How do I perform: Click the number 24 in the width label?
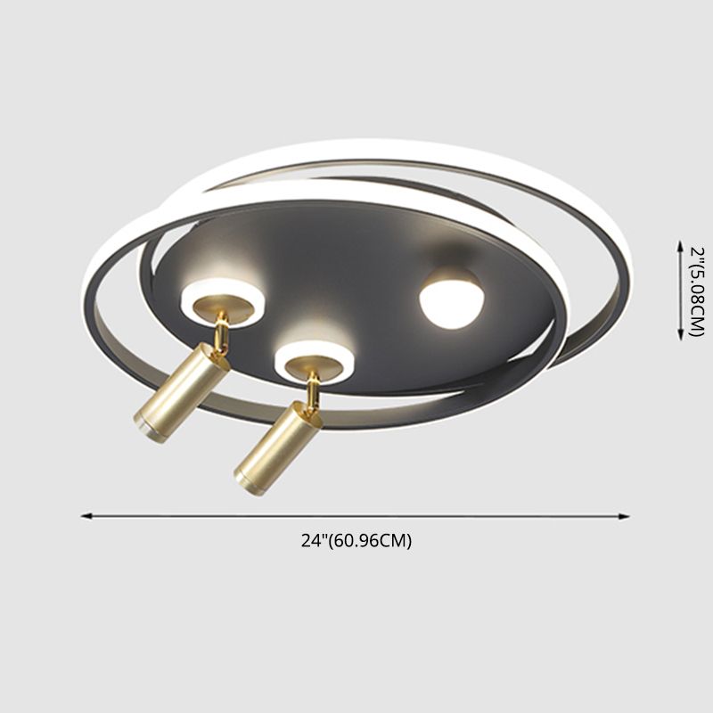pyautogui.click(x=310, y=541)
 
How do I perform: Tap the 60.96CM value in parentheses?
pyautogui.click(x=370, y=541)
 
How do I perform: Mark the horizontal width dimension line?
pyautogui.click(x=356, y=514)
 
